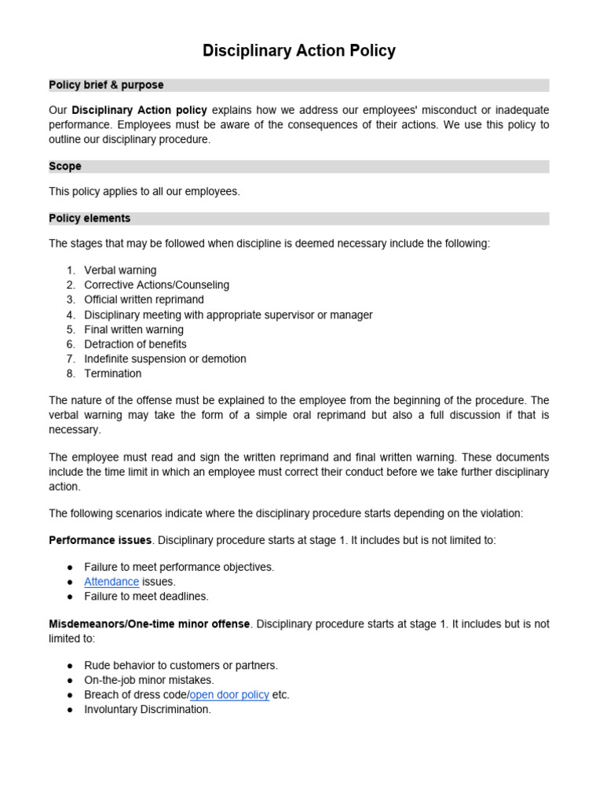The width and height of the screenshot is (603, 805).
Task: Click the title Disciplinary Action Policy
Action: (x=299, y=51)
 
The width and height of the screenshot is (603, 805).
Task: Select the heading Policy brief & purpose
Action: (x=106, y=85)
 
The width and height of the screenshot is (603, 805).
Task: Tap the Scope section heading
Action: (x=65, y=167)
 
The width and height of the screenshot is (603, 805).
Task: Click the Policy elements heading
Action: (x=90, y=219)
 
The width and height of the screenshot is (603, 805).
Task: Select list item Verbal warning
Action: (x=120, y=270)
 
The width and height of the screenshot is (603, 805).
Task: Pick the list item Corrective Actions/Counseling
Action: (x=156, y=285)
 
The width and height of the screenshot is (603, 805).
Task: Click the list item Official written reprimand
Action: (x=144, y=300)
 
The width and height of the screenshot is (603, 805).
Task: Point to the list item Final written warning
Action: (x=133, y=329)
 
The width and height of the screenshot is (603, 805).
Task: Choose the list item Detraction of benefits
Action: (x=135, y=344)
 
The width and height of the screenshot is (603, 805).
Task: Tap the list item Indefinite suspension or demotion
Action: (x=165, y=358)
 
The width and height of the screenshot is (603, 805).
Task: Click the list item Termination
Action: (x=113, y=373)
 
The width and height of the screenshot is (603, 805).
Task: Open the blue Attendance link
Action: (x=111, y=582)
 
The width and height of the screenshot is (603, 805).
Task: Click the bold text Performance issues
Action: (x=100, y=541)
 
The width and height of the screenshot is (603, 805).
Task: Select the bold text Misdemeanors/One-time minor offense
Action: (x=149, y=624)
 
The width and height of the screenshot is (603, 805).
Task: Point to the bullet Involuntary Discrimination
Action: (x=148, y=709)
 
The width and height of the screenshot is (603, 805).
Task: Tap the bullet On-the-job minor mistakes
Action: (x=148, y=680)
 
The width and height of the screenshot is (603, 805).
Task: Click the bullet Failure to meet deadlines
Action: (x=146, y=597)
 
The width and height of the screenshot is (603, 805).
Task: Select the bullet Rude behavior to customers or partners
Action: (x=181, y=665)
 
